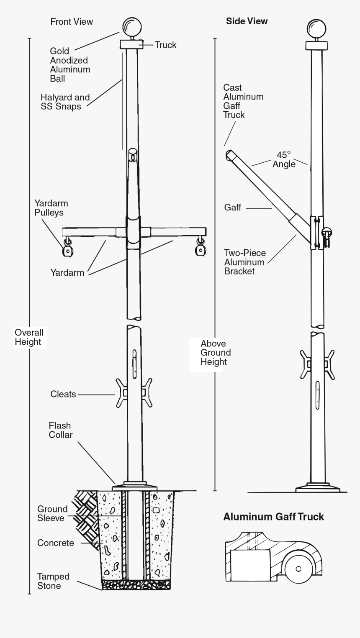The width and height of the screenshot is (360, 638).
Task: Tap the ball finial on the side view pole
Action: [x=316, y=28]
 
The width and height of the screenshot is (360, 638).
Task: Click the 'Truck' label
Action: [x=165, y=45]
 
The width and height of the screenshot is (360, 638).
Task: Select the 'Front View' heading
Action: [x=72, y=21]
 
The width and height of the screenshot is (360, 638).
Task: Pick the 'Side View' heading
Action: [x=247, y=21]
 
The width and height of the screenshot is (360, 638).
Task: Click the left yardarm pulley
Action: [x=67, y=250]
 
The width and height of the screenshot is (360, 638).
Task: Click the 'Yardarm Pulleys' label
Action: [x=51, y=208]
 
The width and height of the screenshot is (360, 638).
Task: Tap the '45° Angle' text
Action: [x=284, y=159]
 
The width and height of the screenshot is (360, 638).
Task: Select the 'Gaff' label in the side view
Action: [x=232, y=207]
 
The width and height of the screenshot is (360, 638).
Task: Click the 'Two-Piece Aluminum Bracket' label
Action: [x=244, y=262]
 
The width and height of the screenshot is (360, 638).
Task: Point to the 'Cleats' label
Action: [x=63, y=394]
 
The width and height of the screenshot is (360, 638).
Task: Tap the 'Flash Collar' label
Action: [x=60, y=430]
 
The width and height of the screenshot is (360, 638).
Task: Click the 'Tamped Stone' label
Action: [x=53, y=581]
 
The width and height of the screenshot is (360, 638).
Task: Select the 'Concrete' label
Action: [x=55, y=543]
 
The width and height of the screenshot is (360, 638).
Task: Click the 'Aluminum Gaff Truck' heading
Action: [x=273, y=517]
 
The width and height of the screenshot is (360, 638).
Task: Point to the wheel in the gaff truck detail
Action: [x=298, y=569]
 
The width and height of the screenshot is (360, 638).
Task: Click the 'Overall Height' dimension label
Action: [x=29, y=337]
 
